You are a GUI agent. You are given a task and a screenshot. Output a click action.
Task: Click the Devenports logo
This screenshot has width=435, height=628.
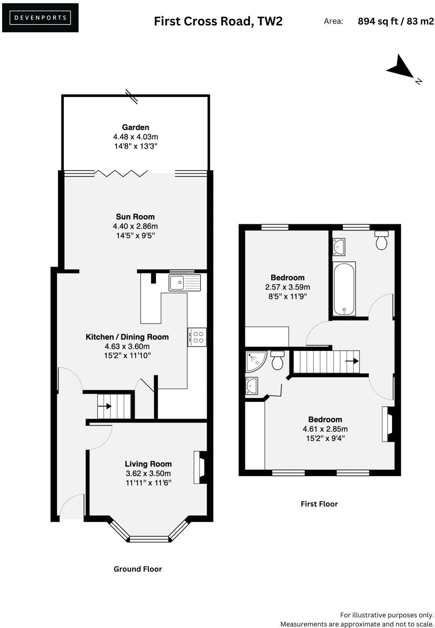40,18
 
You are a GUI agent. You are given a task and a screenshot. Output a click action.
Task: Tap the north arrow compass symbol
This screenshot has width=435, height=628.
401,68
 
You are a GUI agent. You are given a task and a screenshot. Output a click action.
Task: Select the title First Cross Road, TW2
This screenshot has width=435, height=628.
218,21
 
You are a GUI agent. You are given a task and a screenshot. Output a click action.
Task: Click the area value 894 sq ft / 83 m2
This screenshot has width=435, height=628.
395,21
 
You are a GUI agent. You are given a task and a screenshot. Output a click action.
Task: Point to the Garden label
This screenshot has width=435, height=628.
135,127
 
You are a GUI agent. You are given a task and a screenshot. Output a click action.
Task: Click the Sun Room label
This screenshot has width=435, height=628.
135,217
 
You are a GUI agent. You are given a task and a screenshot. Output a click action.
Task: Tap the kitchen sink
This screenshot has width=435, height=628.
185,283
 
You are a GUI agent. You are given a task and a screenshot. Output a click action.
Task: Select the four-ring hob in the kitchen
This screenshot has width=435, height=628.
197,337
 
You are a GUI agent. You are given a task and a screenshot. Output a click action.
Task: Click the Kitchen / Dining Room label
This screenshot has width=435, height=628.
127,337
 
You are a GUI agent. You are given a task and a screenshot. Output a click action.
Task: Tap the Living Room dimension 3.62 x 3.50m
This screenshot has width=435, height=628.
148,473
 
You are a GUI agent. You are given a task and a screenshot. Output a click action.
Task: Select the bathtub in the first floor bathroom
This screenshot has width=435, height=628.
344,289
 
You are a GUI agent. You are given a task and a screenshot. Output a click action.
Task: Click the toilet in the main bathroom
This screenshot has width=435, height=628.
381,240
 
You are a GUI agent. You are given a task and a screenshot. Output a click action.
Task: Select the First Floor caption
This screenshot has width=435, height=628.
319,504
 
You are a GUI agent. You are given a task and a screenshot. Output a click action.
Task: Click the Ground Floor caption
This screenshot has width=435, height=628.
138,569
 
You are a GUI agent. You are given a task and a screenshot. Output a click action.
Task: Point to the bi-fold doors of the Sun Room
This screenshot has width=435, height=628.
121,174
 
